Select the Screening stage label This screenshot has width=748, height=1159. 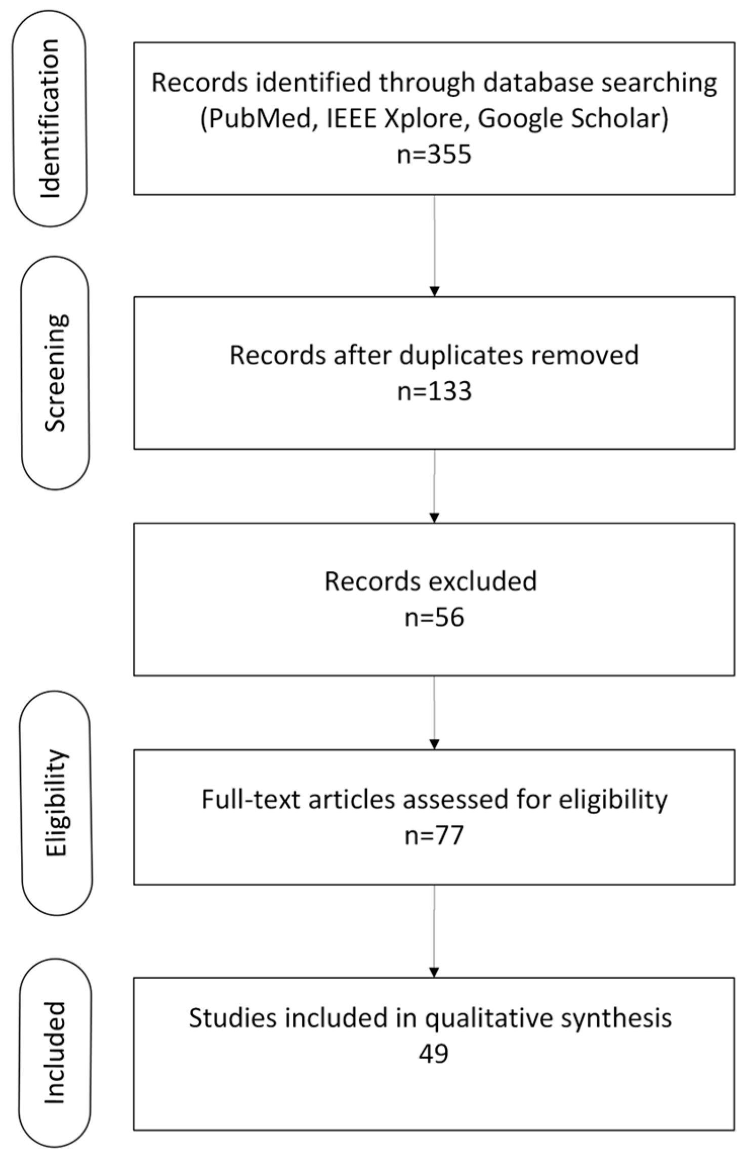click(55, 373)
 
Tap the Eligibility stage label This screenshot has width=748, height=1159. click(56, 803)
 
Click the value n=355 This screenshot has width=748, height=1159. click(434, 155)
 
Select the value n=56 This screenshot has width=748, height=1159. click(434, 618)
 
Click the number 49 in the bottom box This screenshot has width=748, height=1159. click(434, 1054)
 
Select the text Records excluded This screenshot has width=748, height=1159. click(430, 582)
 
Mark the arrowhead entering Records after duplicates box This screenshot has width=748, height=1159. click(434, 292)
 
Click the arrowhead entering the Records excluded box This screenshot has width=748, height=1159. click(434, 518)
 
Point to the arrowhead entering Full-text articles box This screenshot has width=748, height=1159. click(434, 745)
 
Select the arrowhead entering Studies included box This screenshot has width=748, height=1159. click(434, 972)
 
